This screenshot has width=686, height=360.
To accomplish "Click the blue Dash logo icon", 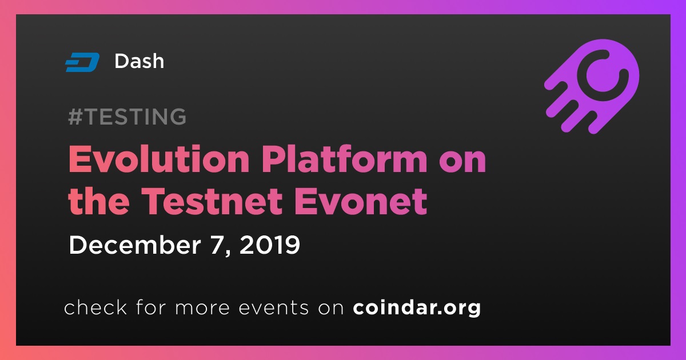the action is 82,62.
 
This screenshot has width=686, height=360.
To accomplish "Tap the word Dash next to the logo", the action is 139,61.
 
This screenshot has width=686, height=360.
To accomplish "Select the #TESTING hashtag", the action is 127,117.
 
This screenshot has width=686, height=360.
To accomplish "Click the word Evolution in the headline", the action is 159,159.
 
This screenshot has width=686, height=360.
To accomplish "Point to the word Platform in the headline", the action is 344,159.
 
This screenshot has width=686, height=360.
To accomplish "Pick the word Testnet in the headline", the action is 212,201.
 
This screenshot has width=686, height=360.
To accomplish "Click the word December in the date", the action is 135,245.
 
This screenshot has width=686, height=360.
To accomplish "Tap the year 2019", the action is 269,245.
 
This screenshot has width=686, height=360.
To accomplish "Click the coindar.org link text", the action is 417,307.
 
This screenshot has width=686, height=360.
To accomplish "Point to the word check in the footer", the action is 95,307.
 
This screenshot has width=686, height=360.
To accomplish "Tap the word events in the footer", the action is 273,307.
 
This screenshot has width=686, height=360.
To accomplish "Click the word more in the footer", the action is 202,308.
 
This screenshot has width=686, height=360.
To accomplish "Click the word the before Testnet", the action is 98,201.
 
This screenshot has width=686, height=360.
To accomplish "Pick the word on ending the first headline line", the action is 462,162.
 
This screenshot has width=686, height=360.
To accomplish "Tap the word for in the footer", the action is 151,307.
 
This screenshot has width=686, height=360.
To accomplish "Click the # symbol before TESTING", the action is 75,117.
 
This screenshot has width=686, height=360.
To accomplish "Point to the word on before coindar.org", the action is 331,308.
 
